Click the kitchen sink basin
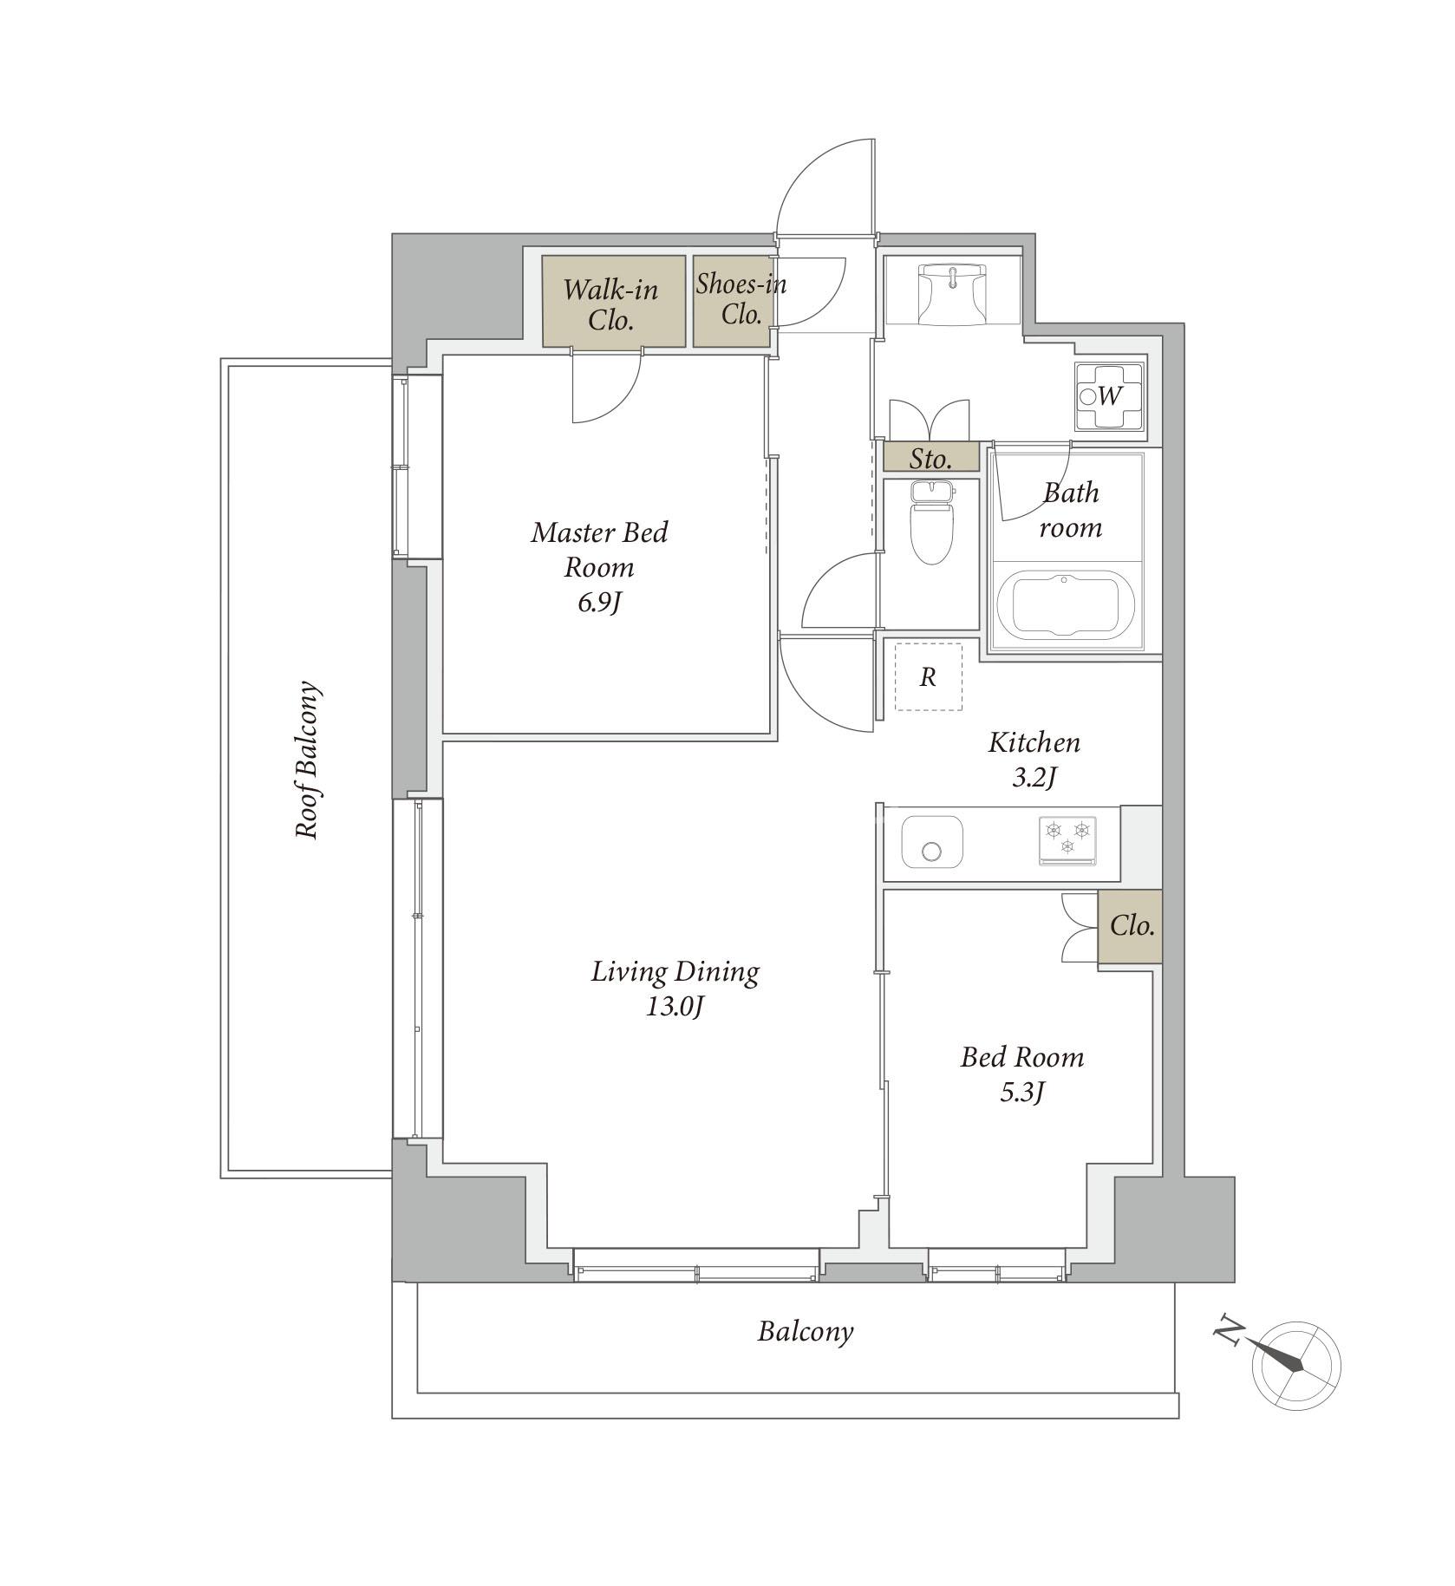[x=932, y=841]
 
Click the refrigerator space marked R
[x=928, y=676]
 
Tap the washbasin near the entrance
[x=952, y=294]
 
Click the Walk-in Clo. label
[x=611, y=304]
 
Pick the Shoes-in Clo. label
[x=741, y=298]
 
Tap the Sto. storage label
[x=931, y=458]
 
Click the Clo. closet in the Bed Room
[x=1130, y=926]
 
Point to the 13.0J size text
[x=673, y=1007]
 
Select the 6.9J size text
[x=600, y=603]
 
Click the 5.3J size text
[x=1022, y=1093]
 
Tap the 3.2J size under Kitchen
[x=1034, y=778]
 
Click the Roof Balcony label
[x=308, y=760]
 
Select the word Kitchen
[x=1034, y=742]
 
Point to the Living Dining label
[x=675, y=972]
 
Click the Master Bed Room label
[x=599, y=550]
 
